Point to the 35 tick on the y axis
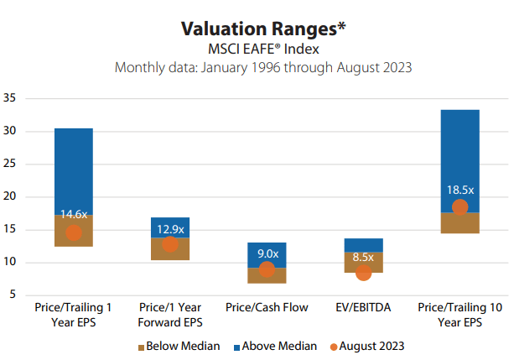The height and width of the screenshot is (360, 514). tap(10, 98)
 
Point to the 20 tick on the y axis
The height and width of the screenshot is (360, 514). tap(10, 197)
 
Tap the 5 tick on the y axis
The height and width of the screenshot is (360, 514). tap(13, 295)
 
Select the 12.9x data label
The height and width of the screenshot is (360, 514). tap(170, 228)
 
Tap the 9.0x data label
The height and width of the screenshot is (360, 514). tap(267, 253)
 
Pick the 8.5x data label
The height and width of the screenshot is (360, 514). tap(363, 258)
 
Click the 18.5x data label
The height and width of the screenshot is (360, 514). tap(459, 190)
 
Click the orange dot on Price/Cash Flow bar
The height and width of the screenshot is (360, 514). tap(267, 269)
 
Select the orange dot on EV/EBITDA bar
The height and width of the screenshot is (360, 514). tap(363, 273)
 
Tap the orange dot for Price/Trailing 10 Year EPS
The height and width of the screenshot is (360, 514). tap(459, 207)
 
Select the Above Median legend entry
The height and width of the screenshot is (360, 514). tap(275, 345)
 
